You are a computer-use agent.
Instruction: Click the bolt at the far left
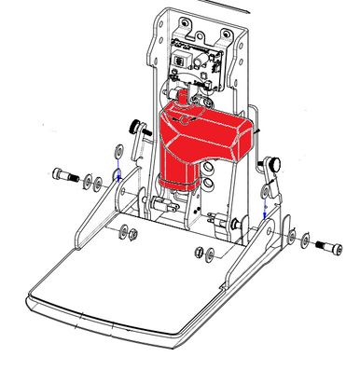[63, 174]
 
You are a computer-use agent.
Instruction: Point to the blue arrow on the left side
[119, 171]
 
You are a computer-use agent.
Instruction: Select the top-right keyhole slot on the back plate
[227, 37]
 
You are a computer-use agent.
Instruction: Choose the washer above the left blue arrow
[118, 151]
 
